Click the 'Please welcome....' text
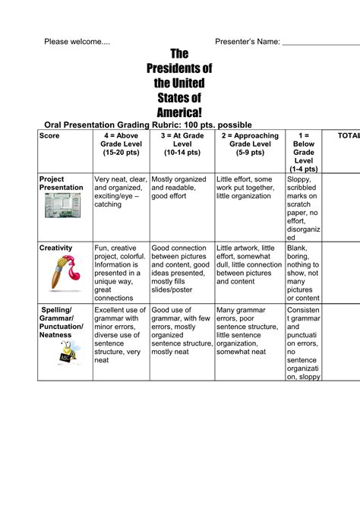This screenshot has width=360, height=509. (77, 41)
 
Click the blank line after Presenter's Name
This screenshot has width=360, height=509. (321, 43)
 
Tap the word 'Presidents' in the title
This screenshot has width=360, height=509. (179, 69)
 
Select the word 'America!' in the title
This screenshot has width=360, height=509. (179, 112)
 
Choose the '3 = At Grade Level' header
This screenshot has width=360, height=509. (182, 144)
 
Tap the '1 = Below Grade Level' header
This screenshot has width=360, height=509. (303, 152)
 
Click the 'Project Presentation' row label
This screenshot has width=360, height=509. (61, 183)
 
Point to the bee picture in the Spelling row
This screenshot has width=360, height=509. (66, 352)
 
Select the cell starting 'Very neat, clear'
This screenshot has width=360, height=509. (120, 192)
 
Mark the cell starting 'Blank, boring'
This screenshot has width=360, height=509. (303, 273)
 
